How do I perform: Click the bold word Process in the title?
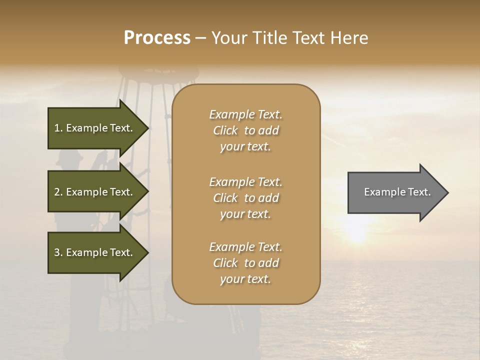[157, 38]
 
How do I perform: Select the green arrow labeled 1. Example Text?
[95, 128]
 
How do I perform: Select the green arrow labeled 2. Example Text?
[95, 192]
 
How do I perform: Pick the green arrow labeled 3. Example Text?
[95, 252]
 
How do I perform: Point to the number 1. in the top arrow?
[58, 128]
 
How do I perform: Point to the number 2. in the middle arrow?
[58, 192]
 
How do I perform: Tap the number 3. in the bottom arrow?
[58, 253]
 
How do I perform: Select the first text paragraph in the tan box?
[245, 130]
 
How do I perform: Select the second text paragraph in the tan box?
[245, 198]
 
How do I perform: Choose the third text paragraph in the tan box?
[245, 263]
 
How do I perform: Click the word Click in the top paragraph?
[225, 131]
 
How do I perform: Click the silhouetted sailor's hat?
[69, 159]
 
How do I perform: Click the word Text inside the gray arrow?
[419, 192]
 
